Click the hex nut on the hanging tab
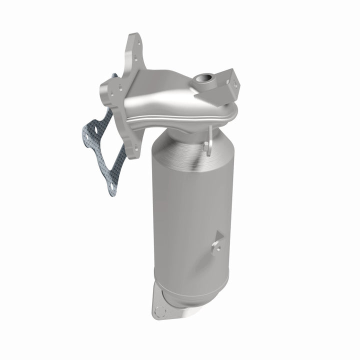pos(206,145)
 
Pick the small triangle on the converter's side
pos(218,239)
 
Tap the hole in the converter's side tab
pos(215,245)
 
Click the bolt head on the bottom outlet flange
pos(159,311)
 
